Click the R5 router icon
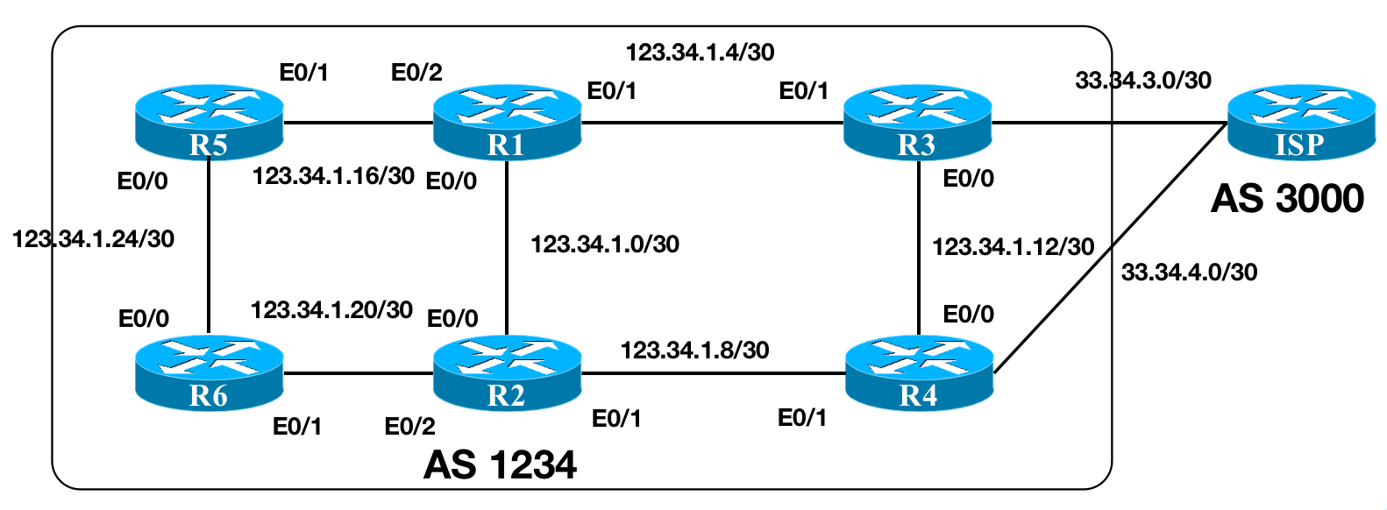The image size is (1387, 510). pos(210,123)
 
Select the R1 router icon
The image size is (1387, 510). pos(508,123)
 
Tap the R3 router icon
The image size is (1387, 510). pos(917,123)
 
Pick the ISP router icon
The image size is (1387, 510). pos(1301,123)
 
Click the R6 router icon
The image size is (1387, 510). pos(210,373)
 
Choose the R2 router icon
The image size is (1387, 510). pos(508,373)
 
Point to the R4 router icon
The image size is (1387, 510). pos(919,373)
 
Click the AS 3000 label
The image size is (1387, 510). pos(1287,199)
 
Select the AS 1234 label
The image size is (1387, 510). pos(500,464)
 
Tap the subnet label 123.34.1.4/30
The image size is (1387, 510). pos(700,53)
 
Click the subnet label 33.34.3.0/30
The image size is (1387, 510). pos(1143,81)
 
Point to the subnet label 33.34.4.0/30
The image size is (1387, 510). pos(1189,273)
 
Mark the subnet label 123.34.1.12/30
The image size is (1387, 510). pos(1013,247)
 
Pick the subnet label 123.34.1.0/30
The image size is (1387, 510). pos(605,244)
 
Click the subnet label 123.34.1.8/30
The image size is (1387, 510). pos(694,351)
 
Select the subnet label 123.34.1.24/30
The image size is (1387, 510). pos(93,238)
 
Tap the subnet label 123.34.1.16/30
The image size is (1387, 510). pos(333,176)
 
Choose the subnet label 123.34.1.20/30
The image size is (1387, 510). pos(331,310)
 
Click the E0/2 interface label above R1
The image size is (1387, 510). pos(416,72)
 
